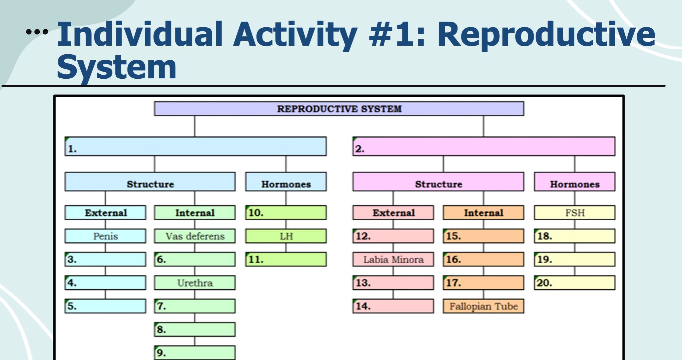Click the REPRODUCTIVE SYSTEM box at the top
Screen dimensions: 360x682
339,109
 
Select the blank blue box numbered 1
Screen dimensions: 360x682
195,146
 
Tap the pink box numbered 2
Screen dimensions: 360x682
484,146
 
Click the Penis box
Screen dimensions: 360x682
105,236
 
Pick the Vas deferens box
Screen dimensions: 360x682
195,236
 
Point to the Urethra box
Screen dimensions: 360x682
195,283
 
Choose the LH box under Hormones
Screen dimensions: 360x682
286,236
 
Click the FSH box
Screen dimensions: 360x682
574,213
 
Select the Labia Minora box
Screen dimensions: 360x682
393,259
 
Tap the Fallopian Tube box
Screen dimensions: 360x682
483,306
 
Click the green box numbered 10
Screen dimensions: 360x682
286,213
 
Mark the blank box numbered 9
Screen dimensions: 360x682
195,353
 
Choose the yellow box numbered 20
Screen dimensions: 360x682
574,283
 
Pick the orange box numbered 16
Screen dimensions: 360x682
483,259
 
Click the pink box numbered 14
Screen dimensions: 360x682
393,306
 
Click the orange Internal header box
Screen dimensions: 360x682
483,213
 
